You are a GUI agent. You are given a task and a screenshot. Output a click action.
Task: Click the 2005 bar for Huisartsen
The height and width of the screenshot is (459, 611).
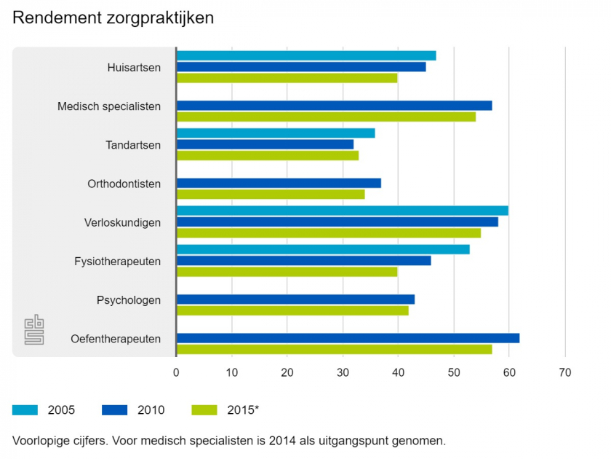(x=306, y=56)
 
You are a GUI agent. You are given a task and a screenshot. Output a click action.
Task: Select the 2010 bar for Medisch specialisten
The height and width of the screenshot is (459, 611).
(x=335, y=106)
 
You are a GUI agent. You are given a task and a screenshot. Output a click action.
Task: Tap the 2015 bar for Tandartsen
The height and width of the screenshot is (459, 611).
(x=268, y=155)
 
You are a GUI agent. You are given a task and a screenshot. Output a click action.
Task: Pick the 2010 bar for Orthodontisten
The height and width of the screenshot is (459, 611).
(x=279, y=183)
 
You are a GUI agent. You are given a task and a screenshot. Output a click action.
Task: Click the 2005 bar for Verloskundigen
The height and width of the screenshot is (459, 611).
(x=343, y=211)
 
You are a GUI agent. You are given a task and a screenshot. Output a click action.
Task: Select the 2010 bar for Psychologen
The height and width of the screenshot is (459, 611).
(x=295, y=299)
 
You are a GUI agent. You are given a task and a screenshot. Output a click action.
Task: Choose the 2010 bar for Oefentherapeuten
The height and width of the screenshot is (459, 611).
(x=348, y=338)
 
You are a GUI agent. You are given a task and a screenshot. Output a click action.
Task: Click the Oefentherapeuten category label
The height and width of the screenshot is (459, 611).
(x=116, y=339)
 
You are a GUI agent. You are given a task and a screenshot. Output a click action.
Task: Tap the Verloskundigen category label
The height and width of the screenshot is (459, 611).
(x=122, y=222)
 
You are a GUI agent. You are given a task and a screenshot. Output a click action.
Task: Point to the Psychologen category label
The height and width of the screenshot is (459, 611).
(x=129, y=300)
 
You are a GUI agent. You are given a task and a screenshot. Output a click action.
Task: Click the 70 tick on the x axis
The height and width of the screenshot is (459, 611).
(x=565, y=373)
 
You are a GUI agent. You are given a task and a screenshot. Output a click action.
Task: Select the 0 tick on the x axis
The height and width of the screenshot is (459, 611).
(x=176, y=373)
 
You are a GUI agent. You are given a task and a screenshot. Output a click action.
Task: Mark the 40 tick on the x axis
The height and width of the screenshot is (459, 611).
(x=398, y=373)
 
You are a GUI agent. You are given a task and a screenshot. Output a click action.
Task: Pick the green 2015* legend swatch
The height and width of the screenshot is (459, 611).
(x=205, y=410)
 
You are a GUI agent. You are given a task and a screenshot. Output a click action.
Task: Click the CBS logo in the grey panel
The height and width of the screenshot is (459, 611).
(x=34, y=329)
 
